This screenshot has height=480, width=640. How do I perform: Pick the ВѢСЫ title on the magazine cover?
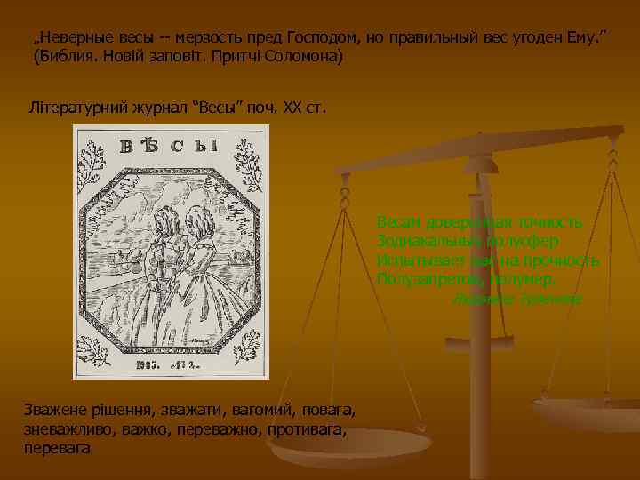[169, 147]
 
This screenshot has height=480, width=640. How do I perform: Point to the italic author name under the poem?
[516, 300]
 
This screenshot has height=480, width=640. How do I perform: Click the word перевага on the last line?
[58, 449]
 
